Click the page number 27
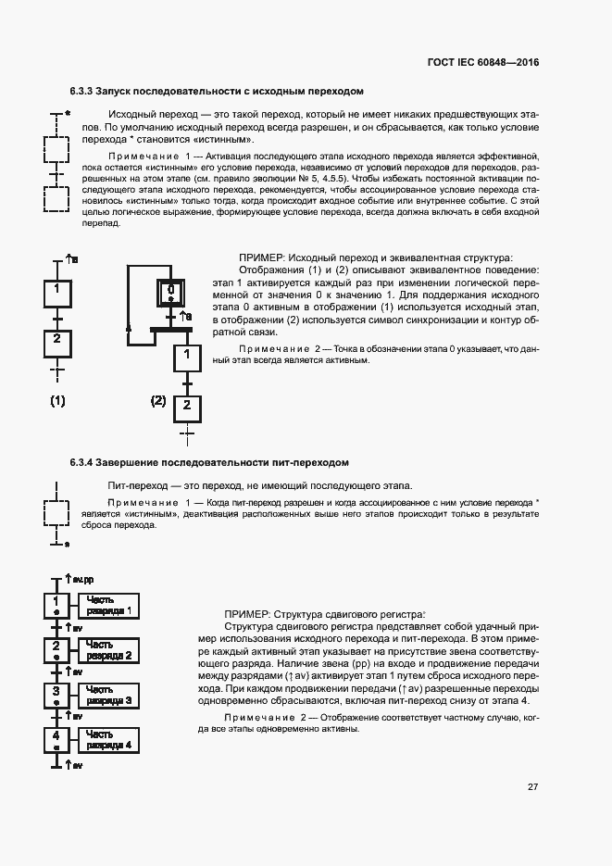[x=533, y=786]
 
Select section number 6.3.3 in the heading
[x=82, y=92]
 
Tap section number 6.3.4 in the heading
[x=82, y=461]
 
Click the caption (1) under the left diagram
[x=57, y=401]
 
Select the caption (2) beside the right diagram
[x=158, y=401]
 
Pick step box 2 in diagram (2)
[x=187, y=406]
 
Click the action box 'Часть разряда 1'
[x=108, y=606]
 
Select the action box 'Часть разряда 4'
[x=108, y=739]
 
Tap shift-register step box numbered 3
[x=56, y=695]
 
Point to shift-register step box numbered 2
[x=56, y=650]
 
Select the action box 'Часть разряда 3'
[x=108, y=695]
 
